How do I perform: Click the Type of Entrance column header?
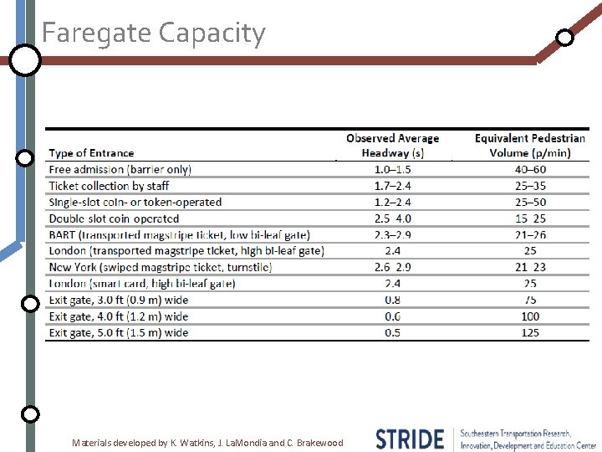coord(91,153)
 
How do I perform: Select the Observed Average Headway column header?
coord(392,146)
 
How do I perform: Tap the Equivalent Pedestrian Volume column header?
coord(529,146)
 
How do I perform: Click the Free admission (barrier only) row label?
coord(120,169)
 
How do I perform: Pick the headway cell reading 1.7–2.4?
coord(392,186)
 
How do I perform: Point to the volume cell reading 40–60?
coord(529,169)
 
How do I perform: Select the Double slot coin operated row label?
coord(114,218)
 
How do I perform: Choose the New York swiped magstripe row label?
coord(161,267)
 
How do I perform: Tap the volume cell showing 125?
coord(529,332)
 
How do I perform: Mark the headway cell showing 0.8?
coord(392,300)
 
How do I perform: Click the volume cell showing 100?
coord(529,316)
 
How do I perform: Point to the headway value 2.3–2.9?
coord(392,234)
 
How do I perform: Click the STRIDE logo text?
coord(410,439)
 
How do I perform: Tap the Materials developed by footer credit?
coord(207,442)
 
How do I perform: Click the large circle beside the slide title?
coord(25,60)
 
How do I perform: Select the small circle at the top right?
coord(565,38)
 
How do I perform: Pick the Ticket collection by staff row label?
coord(109,186)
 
